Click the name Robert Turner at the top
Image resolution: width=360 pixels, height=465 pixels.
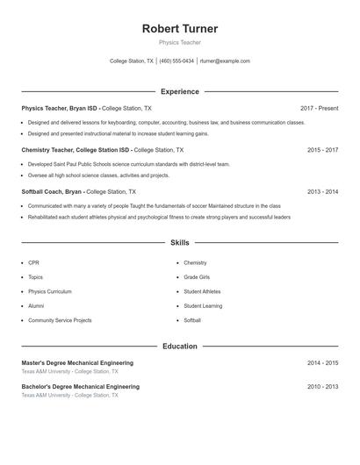point(180,29)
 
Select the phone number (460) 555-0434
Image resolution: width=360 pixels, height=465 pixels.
point(176,61)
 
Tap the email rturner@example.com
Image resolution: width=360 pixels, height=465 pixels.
point(225,61)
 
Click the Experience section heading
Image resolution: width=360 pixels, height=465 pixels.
point(180,91)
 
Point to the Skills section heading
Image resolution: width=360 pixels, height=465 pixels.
point(180,242)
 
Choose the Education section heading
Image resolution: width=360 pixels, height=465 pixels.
point(180,347)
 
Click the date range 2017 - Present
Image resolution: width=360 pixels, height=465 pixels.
point(319,108)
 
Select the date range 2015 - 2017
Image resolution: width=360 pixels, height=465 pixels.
point(322,150)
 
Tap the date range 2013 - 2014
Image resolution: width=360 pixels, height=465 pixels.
point(322,191)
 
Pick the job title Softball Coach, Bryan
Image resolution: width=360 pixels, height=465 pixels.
point(52,191)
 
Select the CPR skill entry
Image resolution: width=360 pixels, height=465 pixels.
point(33,262)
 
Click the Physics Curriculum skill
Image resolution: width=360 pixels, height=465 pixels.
point(50,291)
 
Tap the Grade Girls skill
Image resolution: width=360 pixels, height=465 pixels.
point(198,277)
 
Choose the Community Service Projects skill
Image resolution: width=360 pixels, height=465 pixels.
point(60,320)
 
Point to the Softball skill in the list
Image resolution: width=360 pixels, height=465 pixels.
point(192,320)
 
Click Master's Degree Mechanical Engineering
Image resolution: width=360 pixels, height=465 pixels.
point(77,362)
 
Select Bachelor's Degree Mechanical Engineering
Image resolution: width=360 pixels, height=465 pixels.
point(80,386)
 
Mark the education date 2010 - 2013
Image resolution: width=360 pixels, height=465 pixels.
point(322,386)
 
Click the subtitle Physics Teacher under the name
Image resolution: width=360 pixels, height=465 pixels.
point(180,42)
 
